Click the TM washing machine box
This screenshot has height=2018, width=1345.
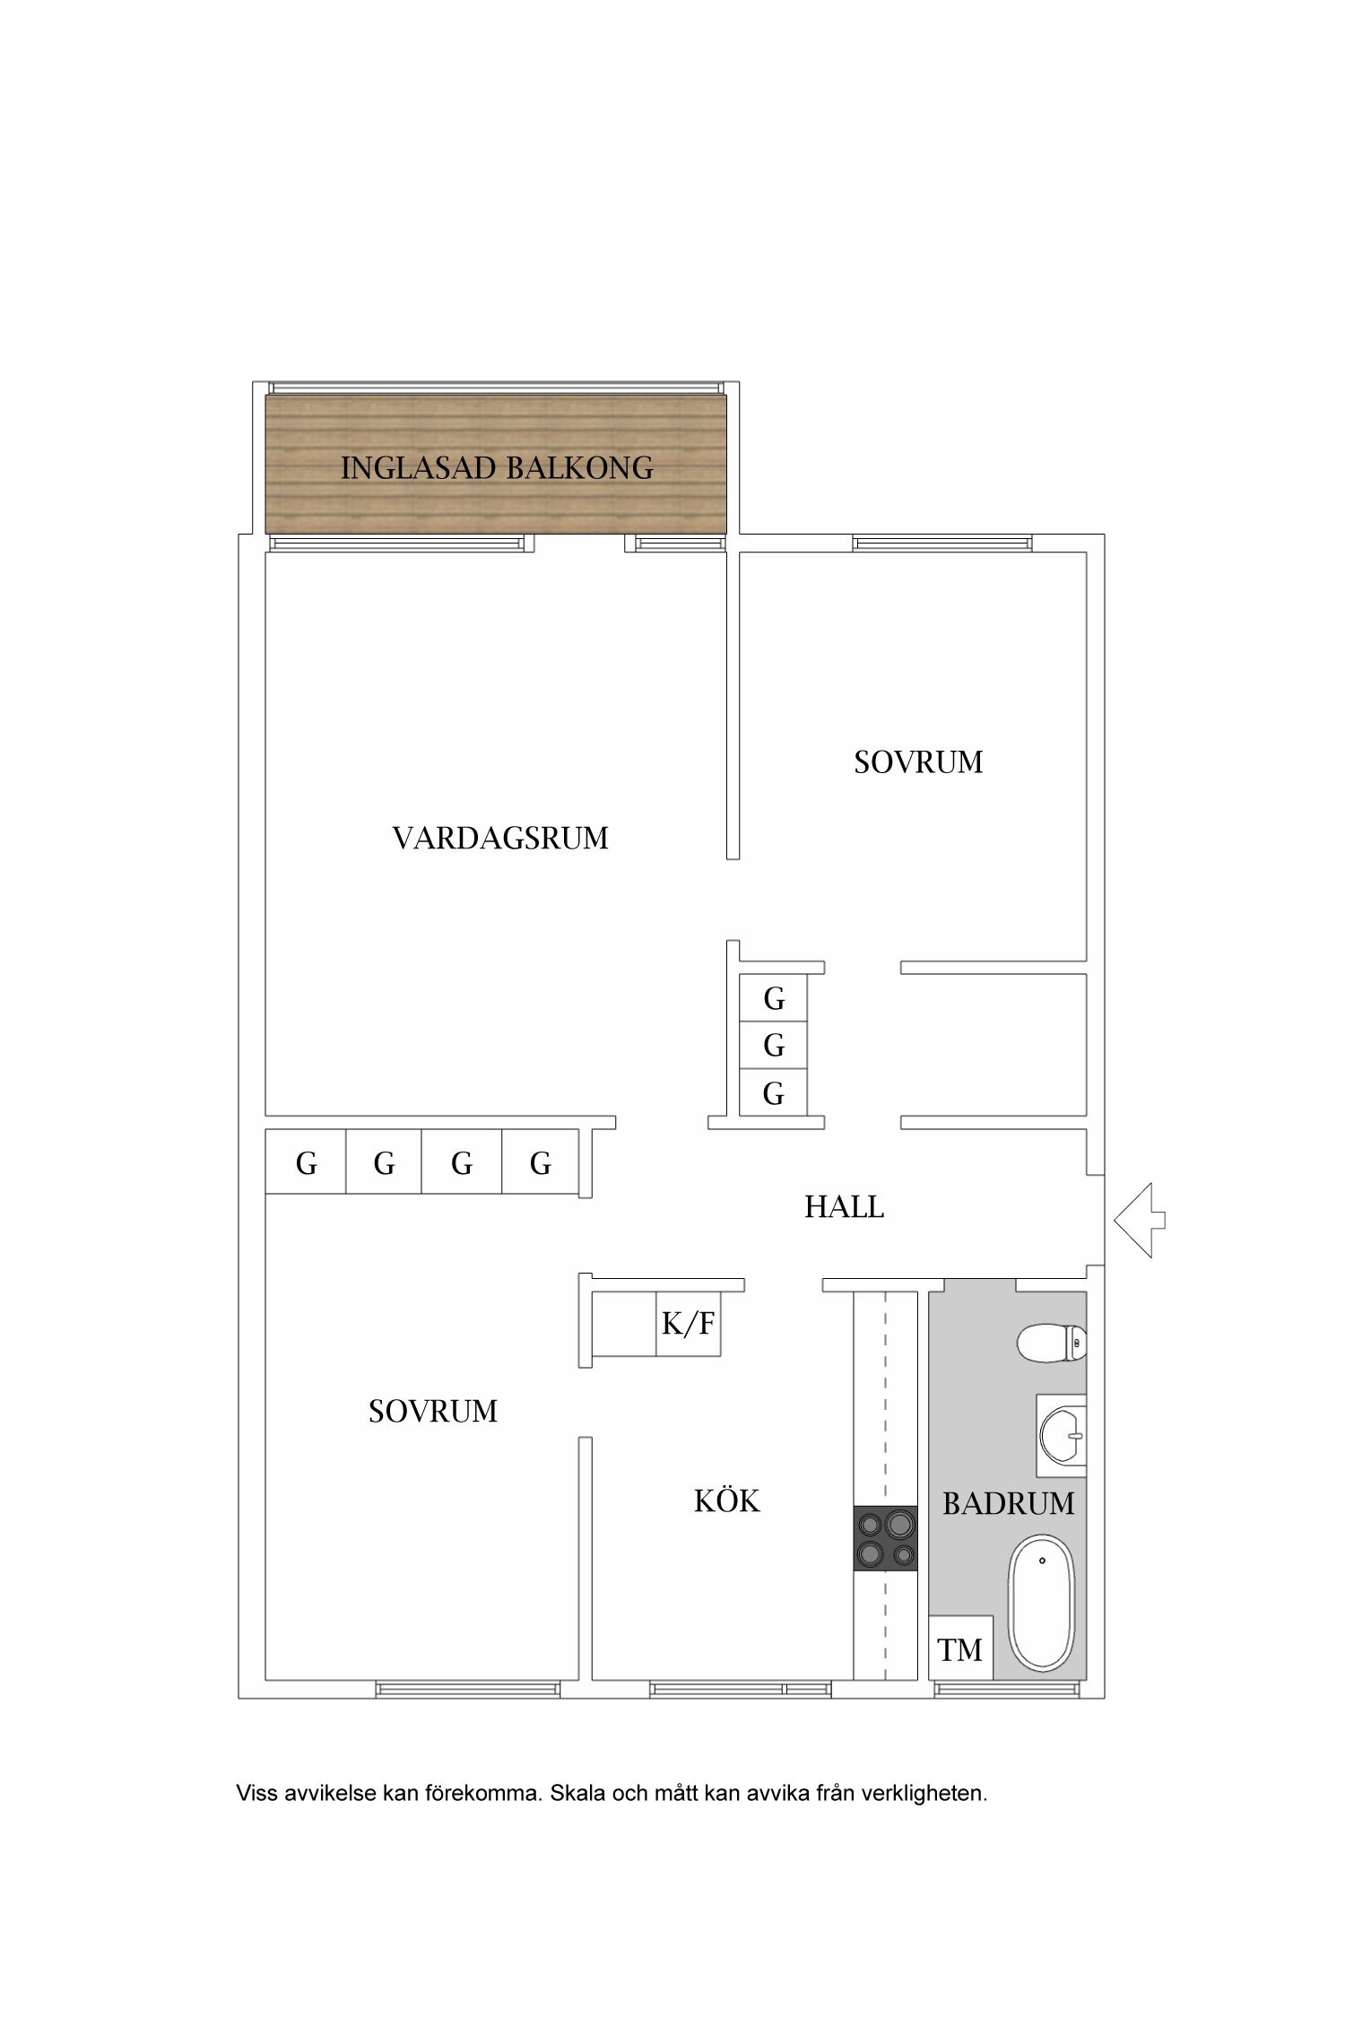coord(960,1649)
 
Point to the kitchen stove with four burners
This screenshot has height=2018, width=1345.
coord(885,1538)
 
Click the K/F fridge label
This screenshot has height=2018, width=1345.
coord(688,1324)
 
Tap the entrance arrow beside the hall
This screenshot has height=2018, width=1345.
coord(1139,1220)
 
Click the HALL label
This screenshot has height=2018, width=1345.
coord(844,1207)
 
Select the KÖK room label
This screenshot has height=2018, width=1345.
coord(726,1501)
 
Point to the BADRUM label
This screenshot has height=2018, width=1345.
coord(1008,1504)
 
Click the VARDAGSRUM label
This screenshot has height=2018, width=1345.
coord(500,839)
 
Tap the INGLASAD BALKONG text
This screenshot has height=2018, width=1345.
coord(497,468)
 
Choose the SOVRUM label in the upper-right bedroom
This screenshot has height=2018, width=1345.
coord(918,762)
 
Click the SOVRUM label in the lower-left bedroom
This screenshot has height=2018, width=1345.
coord(432,1412)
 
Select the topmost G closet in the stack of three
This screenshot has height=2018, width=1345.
coord(773,998)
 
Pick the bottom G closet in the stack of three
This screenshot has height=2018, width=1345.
coord(773,1093)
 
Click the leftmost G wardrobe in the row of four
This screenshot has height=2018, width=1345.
coord(306,1163)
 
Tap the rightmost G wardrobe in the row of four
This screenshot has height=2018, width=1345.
coord(540,1163)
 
